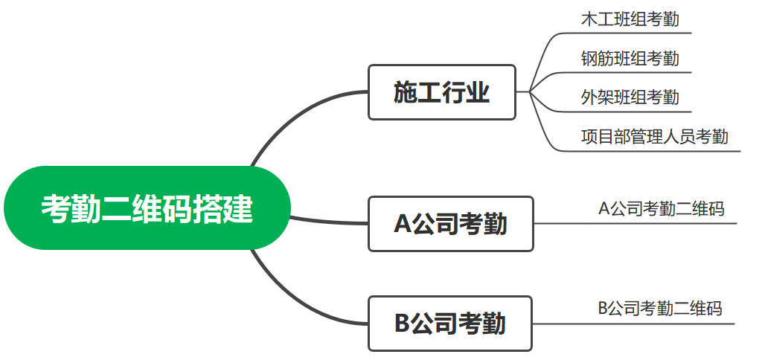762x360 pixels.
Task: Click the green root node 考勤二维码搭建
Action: (x=146, y=208)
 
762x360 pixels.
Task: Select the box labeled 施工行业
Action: (x=441, y=92)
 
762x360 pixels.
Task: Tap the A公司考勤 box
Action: (x=450, y=223)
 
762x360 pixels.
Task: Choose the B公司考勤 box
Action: (x=450, y=324)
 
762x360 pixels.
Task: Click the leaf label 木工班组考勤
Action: (x=630, y=19)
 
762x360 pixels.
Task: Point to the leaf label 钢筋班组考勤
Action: (x=630, y=58)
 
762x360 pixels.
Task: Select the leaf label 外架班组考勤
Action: (x=630, y=97)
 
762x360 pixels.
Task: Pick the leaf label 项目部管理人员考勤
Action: (x=654, y=136)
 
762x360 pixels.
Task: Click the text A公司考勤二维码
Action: (x=661, y=208)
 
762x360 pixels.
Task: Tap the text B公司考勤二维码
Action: (x=659, y=308)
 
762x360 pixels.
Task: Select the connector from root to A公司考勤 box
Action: (x=327, y=221)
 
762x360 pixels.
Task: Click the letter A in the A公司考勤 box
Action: (x=403, y=224)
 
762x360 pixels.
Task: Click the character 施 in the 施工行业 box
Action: (x=406, y=93)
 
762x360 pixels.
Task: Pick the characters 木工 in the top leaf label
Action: (x=597, y=19)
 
